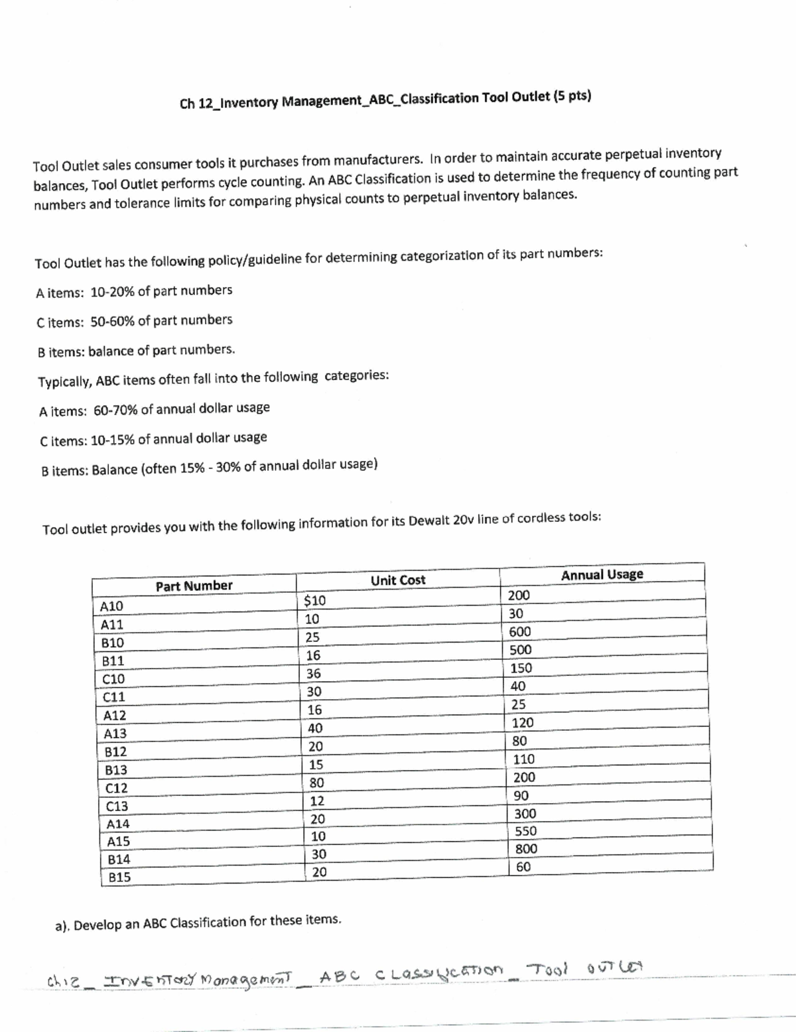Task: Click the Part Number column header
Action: click(x=194, y=586)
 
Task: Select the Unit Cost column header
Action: click(x=398, y=580)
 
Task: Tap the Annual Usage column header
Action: click(x=602, y=575)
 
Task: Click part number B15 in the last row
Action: click(x=119, y=877)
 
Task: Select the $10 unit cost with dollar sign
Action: click(x=314, y=601)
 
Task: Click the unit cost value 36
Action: click(x=313, y=674)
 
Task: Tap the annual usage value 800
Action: click(x=526, y=849)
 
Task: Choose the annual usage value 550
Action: click(x=526, y=831)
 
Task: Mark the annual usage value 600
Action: click(x=520, y=632)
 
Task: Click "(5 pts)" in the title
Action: click(x=572, y=96)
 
